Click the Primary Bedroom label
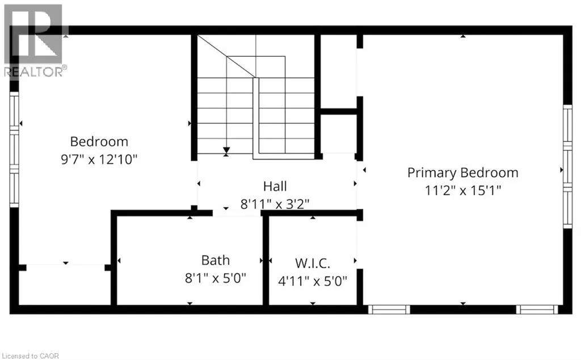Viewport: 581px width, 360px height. coord(463,173)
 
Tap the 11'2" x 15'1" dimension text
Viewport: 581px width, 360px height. coord(463,190)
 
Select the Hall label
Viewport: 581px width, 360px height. coord(275,186)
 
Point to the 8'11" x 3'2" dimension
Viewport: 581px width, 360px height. coord(275,203)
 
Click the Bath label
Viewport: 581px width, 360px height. coord(216,260)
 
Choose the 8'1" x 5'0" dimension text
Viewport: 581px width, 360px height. coord(216,279)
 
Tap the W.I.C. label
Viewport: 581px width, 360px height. coord(312,263)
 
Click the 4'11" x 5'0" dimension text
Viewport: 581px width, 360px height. coord(312,281)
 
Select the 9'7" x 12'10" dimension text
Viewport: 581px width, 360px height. coord(99,160)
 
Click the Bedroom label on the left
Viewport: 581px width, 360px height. coord(99,141)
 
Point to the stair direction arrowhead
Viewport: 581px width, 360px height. coord(226,150)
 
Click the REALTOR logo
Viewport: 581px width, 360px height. coord(34,40)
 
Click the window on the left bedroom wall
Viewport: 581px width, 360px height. coord(14,150)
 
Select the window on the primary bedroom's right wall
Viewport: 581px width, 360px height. coord(567,166)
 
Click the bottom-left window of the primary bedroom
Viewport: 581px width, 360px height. coord(389,309)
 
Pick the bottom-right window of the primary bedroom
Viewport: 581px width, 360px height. coord(537,309)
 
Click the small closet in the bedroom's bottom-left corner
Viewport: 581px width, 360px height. coord(65,286)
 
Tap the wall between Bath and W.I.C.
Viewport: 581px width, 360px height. coord(266,260)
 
